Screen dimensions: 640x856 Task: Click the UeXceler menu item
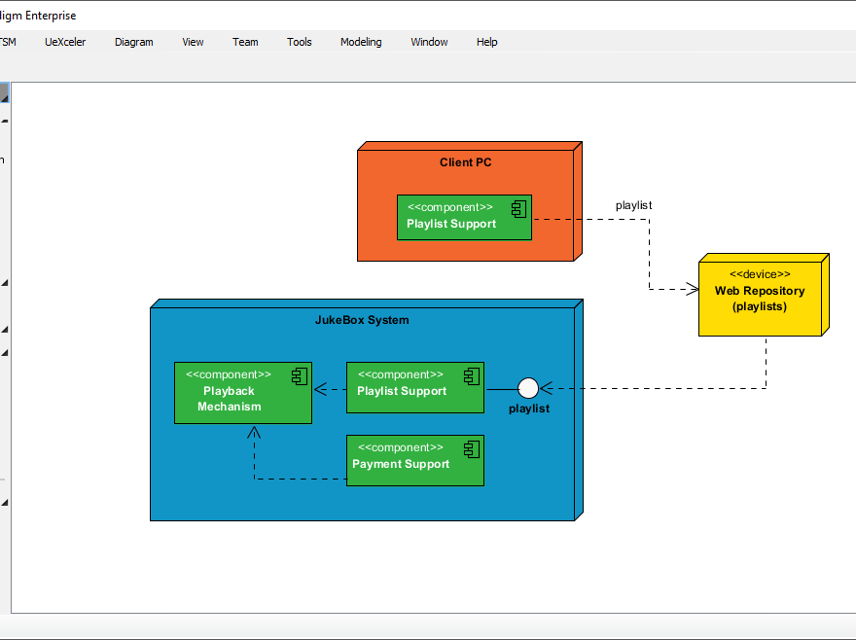(x=65, y=42)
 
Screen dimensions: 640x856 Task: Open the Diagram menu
(x=133, y=42)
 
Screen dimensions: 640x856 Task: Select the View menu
(x=193, y=42)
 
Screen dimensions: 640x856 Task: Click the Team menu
(x=245, y=42)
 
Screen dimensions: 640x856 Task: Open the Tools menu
(x=299, y=42)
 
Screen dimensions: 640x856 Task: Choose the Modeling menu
(x=361, y=42)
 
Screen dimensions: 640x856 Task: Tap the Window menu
(x=429, y=42)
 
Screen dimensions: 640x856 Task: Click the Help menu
(x=486, y=42)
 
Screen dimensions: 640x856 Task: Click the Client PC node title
(x=465, y=162)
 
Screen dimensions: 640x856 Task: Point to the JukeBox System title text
(x=362, y=320)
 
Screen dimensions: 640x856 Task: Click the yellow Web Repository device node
(x=760, y=296)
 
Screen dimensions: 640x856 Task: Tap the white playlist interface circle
(x=528, y=389)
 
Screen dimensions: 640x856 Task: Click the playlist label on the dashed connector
(x=633, y=205)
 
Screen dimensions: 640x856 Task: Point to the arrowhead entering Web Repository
(x=693, y=289)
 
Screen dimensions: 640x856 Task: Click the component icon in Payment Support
(x=471, y=447)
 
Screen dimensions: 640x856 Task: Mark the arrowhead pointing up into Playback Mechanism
(x=254, y=431)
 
